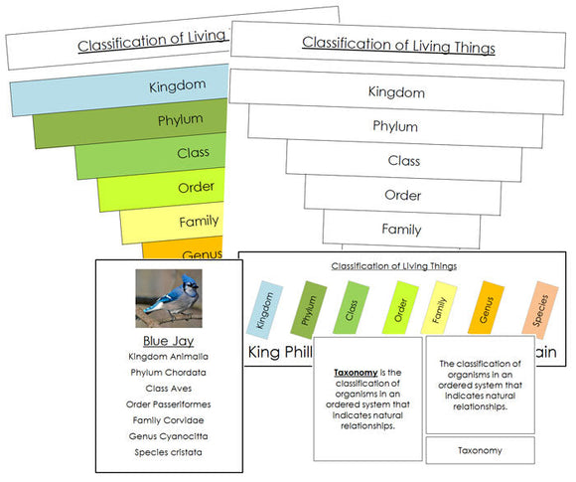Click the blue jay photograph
[168, 298]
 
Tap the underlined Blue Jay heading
[168, 340]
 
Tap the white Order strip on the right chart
[402, 195]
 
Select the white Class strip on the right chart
[402, 160]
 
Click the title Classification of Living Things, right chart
[398, 44]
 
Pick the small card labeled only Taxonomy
[480, 450]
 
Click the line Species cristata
[168, 452]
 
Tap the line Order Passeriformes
[168, 403]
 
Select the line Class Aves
[168, 388]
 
